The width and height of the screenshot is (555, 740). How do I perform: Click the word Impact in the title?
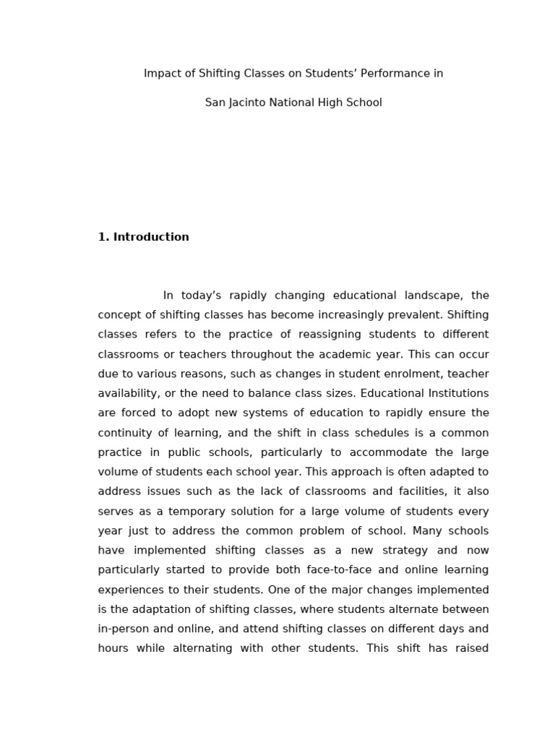(160, 74)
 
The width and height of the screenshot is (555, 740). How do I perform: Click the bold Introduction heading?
(150, 237)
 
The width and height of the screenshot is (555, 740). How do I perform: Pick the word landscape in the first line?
(429, 296)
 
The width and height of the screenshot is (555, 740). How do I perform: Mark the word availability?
(128, 393)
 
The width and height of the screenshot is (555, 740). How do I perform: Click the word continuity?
(124, 433)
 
